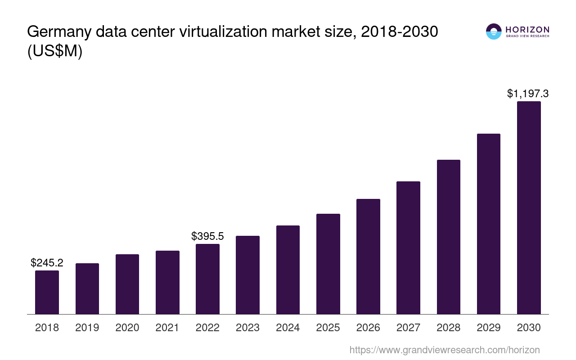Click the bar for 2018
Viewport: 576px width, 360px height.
click(x=47, y=292)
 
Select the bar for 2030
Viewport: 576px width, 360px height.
click(x=529, y=207)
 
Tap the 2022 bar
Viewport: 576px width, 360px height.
click(x=207, y=279)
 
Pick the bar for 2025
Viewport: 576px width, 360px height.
click(x=328, y=264)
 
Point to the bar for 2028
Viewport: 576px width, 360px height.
click(x=448, y=237)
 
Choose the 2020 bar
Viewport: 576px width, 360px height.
click(x=127, y=284)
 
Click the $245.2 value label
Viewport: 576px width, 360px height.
click(x=47, y=263)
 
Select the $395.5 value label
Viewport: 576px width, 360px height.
click(x=207, y=236)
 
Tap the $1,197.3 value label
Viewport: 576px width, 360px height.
click(x=528, y=94)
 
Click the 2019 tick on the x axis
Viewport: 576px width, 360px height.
click(x=87, y=328)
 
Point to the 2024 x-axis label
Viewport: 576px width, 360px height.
click(x=288, y=328)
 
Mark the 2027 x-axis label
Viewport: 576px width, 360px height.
click(x=408, y=328)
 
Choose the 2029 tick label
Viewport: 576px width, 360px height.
click(x=489, y=328)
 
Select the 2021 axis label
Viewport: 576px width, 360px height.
click(x=167, y=328)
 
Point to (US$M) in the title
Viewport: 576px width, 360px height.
click(x=55, y=51)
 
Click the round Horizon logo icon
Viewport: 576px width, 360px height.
click(x=494, y=31)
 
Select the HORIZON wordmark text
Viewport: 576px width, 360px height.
click(x=527, y=30)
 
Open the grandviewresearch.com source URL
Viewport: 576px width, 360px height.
click(x=445, y=350)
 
